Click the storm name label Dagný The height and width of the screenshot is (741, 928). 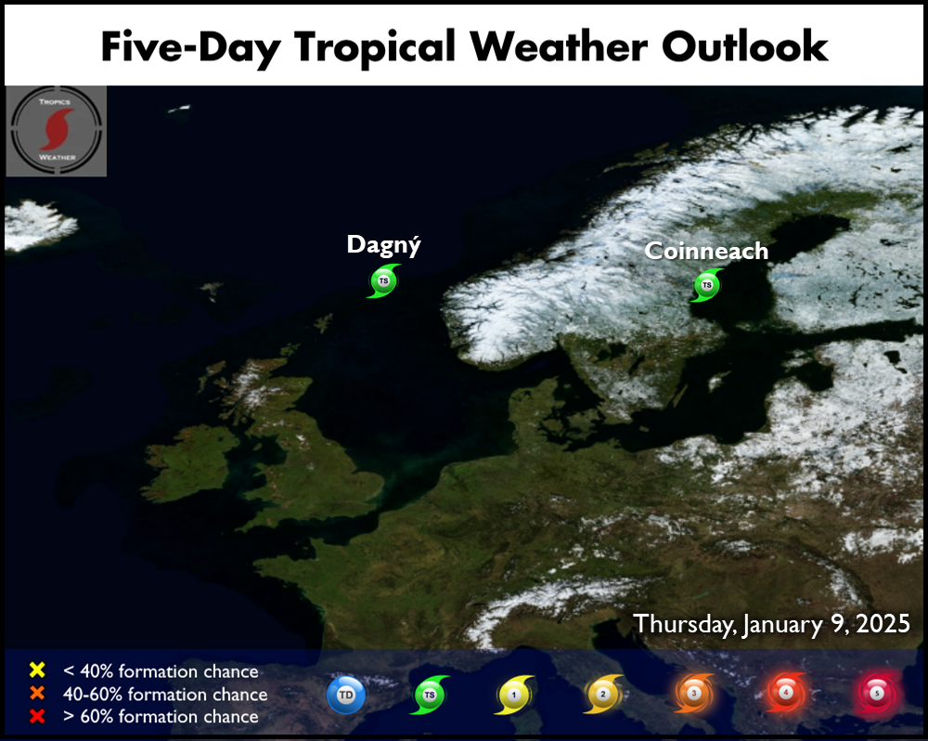point(383,244)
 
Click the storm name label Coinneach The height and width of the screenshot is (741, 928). point(706,251)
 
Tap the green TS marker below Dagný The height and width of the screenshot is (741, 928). point(383,280)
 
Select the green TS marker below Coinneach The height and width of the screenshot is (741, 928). point(706,285)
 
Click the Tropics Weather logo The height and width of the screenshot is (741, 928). point(57,131)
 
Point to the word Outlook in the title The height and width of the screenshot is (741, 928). point(744,46)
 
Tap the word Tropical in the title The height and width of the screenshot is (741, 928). point(375,48)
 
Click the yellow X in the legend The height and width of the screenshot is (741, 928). point(37,669)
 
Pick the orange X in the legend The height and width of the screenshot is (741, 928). point(37,693)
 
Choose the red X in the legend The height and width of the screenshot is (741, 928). point(37,716)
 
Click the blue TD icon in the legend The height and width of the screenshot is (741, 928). point(345,695)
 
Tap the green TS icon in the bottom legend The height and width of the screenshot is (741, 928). point(430,695)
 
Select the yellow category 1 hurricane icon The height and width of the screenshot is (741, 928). point(514,695)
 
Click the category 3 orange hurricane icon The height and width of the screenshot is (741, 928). point(693,693)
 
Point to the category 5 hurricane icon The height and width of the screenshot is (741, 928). point(877,693)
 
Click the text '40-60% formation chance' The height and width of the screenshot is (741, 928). point(165,694)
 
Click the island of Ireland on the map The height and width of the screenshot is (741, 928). point(189,462)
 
